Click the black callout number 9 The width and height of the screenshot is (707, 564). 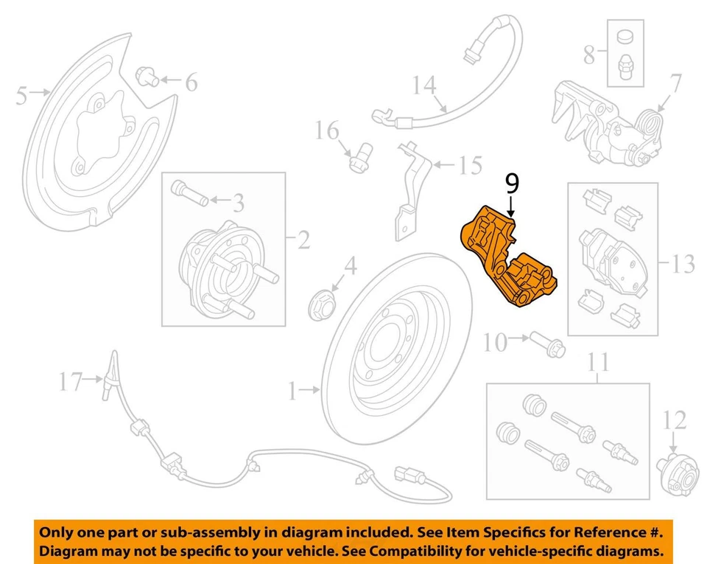pyautogui.click(x=512, y=184)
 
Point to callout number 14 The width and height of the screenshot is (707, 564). pyautogui.click(x=423, y=86)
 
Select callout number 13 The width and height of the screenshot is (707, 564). pyautogui.click(x=683, y=263)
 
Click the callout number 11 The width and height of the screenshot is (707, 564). pyautogui.click(x=599, y=363)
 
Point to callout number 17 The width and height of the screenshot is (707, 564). pyautogui.click(x=71, y=380)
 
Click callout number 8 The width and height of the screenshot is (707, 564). pyautogui.click(x=589, y=53)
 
